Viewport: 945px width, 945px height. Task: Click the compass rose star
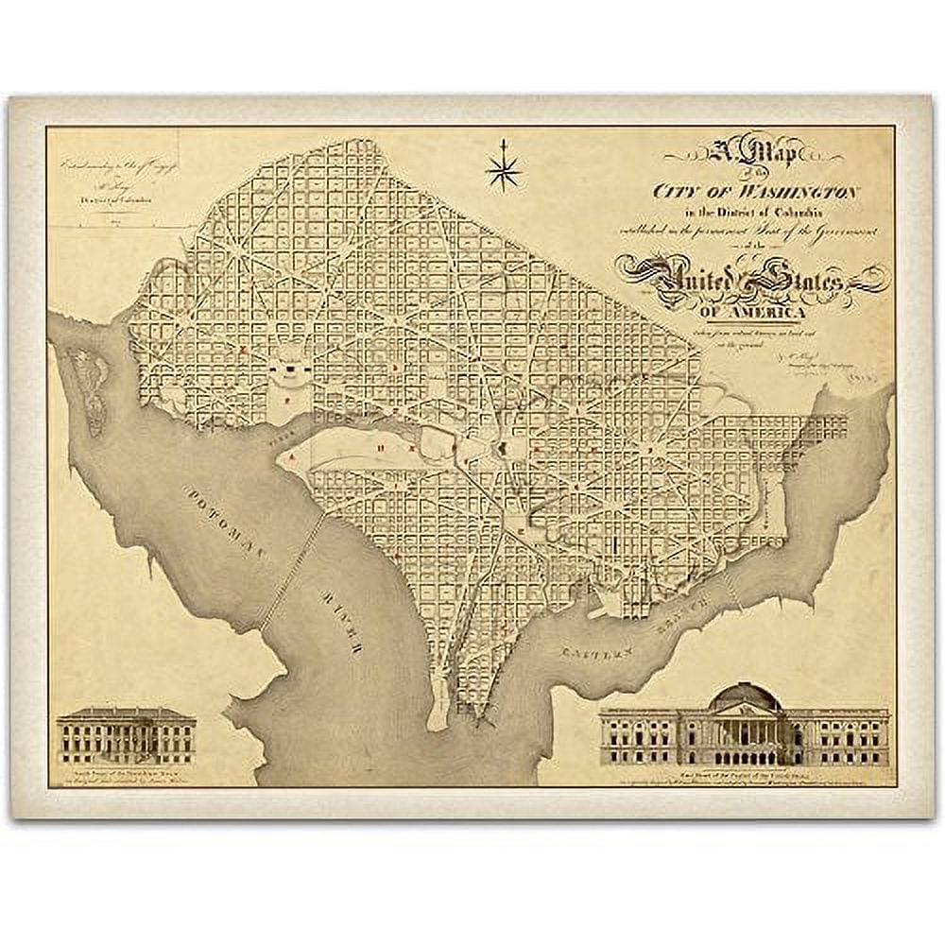tap(502, 170)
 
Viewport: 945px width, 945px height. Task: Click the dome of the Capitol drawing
tap(746, 698)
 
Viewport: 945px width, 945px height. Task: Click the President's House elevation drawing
tap(126, 736)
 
